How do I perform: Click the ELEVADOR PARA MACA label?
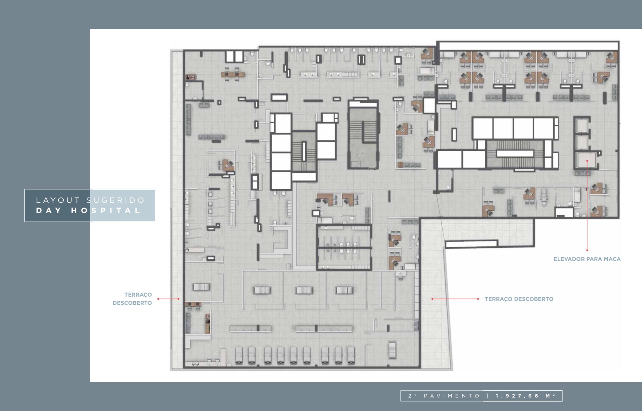pyautogui.click(x=587, y=259)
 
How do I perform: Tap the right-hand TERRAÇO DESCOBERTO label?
pyautogui.click(x=519, y=299)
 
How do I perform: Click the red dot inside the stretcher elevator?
pyautogui.click(x=587, y=161)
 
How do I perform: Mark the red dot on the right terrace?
pyautogui.click(x=432, y=299)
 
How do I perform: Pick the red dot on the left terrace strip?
pyautogui.click(x=179, y=299)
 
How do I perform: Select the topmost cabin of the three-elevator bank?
pyautogui.click(x=582, y=125)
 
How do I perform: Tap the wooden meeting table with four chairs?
pyautogui.click(x=233, y=74)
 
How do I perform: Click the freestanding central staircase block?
pyautogui.click(x=363, y=135)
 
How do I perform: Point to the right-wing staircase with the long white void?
pyautogui.click(x=514, y=154)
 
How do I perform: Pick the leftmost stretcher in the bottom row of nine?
pyautogui.click(x=239, y=356)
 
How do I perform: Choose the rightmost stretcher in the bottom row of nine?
pyautogui.click(x=351, y=356)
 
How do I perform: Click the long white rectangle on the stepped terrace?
pyautogui.click(x=471, y=244)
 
